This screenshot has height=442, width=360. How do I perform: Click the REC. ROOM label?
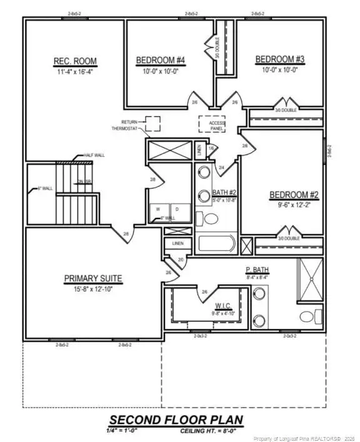[75, 61]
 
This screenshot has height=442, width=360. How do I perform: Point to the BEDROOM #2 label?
[294, 195]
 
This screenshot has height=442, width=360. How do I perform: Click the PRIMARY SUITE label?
[93, 278]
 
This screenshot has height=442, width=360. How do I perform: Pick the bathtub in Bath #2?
[216, 243]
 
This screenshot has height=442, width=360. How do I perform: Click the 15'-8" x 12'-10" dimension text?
[93, 288]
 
